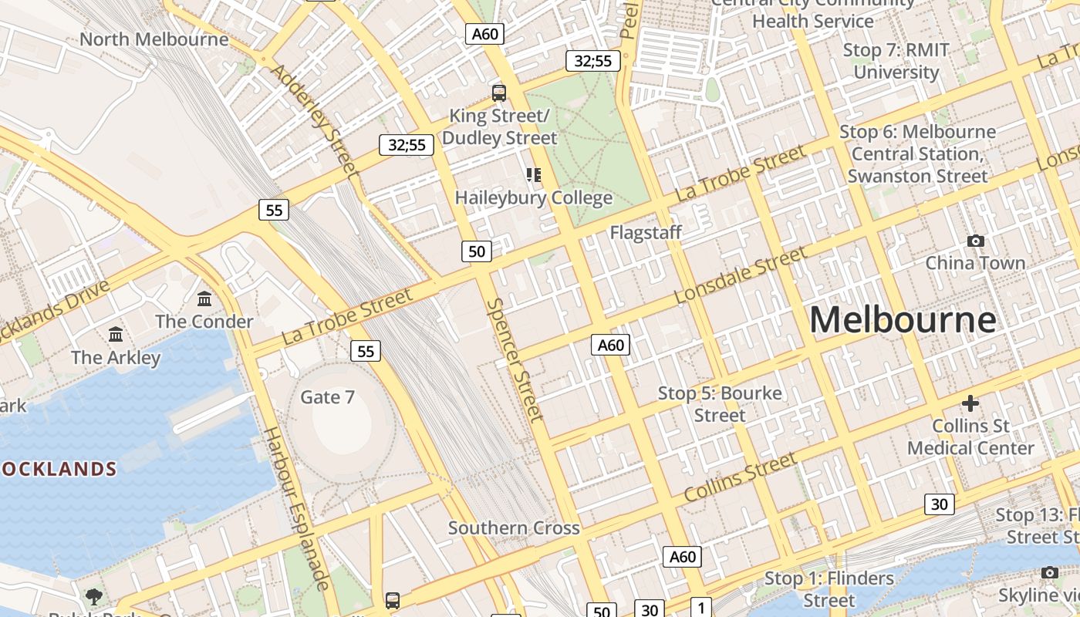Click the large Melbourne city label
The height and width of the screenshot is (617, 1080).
point(903,319)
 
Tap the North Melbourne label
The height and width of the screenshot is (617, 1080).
point(154,39)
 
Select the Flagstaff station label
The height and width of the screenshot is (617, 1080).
point(646,232)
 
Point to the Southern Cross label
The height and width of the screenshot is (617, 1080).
point(514,528)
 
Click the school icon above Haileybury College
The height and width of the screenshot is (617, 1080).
point(534,175)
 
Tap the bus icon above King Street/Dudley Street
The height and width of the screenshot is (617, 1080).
point(499,93)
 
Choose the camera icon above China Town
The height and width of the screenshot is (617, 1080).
point(975,241)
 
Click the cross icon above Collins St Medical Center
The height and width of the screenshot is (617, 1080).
point(970,403)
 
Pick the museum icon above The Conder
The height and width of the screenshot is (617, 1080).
point(204,298)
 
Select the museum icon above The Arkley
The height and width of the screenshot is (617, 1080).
point(116,335)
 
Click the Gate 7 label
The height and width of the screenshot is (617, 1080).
point(327,397)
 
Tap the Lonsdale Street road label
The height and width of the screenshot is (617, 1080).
point(740,275)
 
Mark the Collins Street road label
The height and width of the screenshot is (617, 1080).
point(740,477)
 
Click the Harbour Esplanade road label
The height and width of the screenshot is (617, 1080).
point(296,508)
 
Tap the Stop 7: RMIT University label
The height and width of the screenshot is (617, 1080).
point(896,61)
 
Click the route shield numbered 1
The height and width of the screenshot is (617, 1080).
point(700,606)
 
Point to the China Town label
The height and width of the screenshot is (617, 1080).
point(975,263)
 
